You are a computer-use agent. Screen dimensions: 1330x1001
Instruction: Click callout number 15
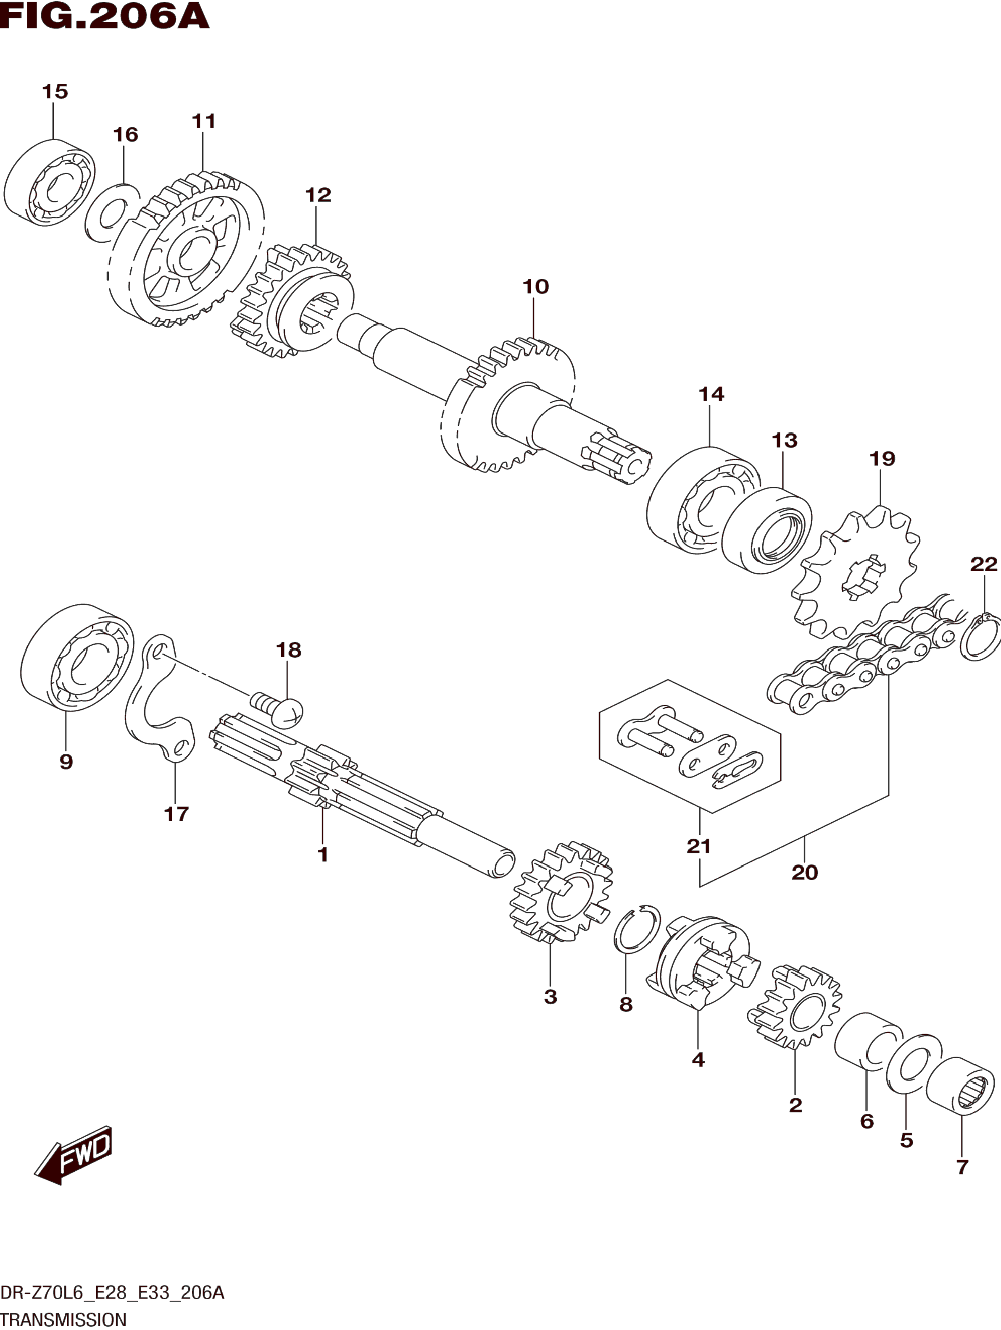[55, 92]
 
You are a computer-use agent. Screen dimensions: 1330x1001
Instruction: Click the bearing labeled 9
[77, 657]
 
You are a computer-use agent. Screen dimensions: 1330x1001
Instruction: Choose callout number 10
[535, 287]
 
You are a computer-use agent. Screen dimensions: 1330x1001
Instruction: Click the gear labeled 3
[561, 892]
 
